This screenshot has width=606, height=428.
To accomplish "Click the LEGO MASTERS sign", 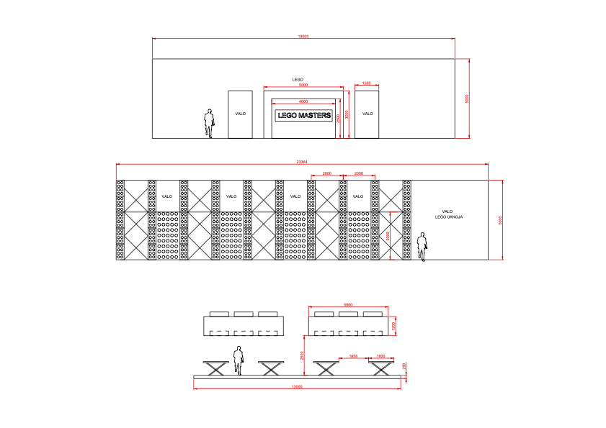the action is click(x=304, y=115).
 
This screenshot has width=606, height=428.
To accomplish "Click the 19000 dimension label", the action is click(x=303, y=36).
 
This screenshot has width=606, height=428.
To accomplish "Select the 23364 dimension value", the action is click(x=302, y=162).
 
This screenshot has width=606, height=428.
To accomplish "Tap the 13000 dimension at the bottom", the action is click(x=296, y=387).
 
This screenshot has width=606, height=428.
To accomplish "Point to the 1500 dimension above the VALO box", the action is click(x=367, y=83).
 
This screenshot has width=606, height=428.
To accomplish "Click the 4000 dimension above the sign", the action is click(x=303, y=101).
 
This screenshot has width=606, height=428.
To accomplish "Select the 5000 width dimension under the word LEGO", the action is click(x=303, y=86).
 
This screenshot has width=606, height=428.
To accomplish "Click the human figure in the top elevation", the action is click(x=209, y=123).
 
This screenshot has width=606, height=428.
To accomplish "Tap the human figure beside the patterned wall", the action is click(x=423, y=246).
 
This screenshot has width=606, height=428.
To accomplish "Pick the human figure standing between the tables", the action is click(x=238, y=360).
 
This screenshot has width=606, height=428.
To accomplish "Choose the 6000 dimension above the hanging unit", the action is click(x=348, y=305).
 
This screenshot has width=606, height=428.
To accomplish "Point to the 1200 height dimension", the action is click(x=393, y=326).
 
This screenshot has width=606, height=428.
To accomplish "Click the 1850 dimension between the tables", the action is click(x=353, y=356).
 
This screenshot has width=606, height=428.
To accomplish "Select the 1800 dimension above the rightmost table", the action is click(x=380, y=356).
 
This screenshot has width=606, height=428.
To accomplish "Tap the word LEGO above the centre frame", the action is click(x=298, y=79).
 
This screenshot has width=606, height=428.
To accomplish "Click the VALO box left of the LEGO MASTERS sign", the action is click(x=240, y=114).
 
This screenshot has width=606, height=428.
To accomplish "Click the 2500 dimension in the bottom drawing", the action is click(x=303, y=355).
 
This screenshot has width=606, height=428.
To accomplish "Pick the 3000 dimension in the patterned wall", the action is click(x=388, y=235).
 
